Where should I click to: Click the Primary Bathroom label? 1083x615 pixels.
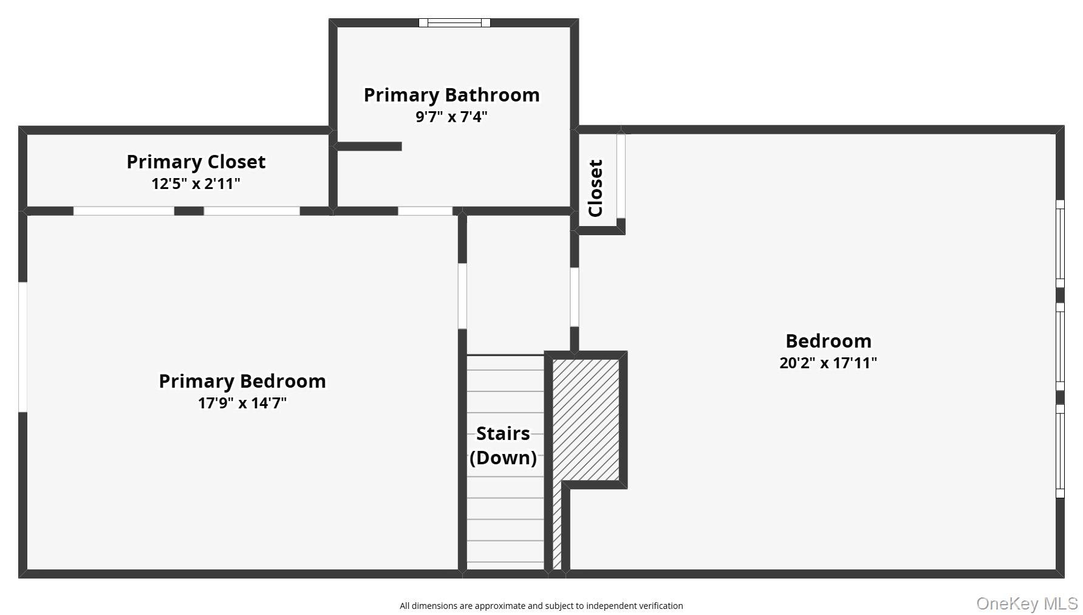click(451, 95)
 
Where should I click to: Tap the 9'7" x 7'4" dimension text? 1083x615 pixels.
click(451, 117)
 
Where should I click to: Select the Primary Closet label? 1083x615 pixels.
click(196, 162)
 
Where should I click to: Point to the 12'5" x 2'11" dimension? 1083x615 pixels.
click(196, 184)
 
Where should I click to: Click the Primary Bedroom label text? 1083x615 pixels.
click(242, 381)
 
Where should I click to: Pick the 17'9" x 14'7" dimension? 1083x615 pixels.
click(242, 403)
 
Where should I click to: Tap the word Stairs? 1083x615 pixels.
click(503, 433)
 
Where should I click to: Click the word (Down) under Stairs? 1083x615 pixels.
click(503, 457)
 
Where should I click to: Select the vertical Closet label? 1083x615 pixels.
click(596, 188)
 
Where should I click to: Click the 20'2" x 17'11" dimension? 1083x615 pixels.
click(828, 363)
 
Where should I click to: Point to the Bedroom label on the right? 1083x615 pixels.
click(828, 341)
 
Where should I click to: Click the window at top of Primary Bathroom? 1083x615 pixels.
click(454, 23)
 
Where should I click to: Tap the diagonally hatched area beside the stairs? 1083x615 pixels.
click(586, 419)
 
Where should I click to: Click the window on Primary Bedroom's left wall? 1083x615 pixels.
click(22, 346)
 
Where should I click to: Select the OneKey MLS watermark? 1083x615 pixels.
click(1027, 603)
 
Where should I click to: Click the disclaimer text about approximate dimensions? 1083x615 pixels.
click(541, 606)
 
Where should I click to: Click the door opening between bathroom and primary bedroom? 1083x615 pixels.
click(425, 211)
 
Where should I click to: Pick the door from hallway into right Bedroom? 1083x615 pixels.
click(574, 297)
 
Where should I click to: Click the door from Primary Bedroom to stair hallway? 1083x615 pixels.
click(462, 296)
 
